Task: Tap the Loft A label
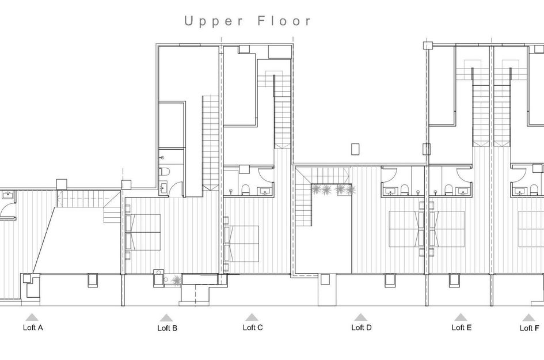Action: click(32, 328)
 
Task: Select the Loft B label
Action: click(167, 328)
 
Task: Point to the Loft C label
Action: click(253, 328)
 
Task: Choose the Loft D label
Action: click(362, 328)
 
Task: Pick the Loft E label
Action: click(462, 328)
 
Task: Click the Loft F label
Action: click(529, 328)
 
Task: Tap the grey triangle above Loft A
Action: click(32, 317)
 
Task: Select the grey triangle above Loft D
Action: click(361, 317)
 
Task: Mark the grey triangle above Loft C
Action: click(252, 317)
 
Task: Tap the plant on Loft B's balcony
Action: click(175, 280)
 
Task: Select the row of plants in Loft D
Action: click(333, 189)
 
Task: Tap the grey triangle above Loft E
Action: click(461, 317)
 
